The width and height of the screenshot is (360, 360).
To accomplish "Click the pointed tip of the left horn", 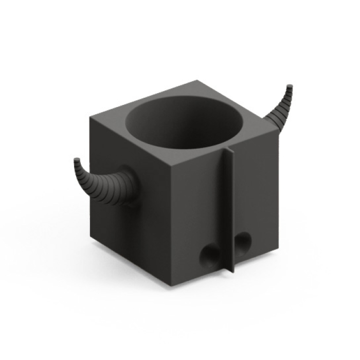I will (x=77, y=160).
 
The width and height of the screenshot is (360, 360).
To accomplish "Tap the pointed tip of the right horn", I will (x=291, y=86).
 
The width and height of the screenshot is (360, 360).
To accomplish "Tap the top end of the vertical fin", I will (x=229, y=150).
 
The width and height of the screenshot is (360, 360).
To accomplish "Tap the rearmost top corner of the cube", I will (x=198, y=81).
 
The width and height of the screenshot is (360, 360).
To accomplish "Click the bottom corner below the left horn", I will (x=93, y=235).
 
